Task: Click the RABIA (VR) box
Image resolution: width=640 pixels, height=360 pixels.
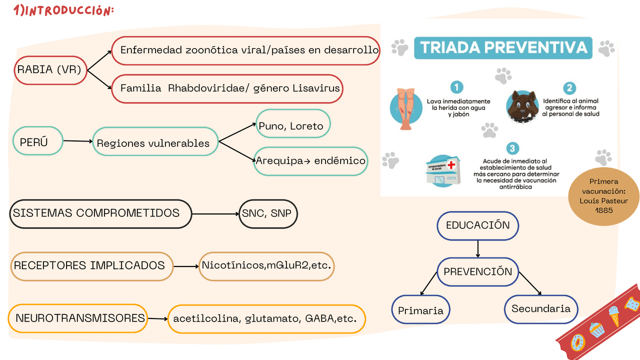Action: (50, 69)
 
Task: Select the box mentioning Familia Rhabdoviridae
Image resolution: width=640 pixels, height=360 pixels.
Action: (230, 88)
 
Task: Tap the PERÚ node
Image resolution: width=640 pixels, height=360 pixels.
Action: (38, 141)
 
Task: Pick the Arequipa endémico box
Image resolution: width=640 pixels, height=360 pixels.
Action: (311, 161)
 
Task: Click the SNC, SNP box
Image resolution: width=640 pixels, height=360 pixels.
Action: (268, 213)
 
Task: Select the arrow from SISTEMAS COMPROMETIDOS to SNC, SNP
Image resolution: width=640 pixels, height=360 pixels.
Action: (215, 214)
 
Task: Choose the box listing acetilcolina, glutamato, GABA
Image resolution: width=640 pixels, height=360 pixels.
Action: (266, 318)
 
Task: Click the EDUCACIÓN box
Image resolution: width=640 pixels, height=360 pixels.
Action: (477, 225)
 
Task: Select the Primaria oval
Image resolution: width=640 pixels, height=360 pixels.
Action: (420, 310)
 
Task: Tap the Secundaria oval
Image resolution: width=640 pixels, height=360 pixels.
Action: (540, 308)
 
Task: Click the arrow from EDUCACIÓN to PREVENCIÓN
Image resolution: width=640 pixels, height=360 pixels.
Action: (478, 249)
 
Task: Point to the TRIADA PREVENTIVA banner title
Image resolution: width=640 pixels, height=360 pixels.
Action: (503, 48)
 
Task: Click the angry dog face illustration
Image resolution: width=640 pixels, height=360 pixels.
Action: (522, 106)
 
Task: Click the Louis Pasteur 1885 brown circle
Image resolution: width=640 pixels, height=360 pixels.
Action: (603, 196)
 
